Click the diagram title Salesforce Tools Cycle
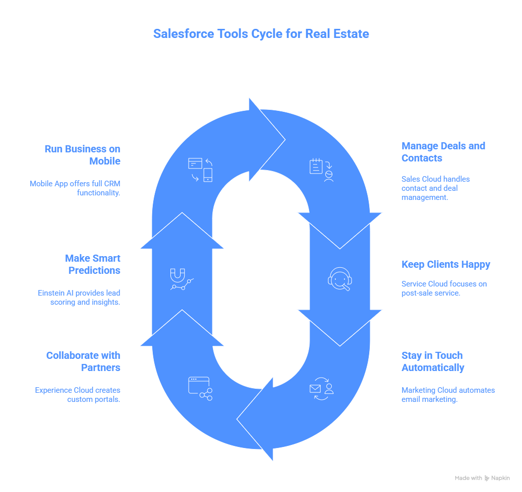pos(261,34)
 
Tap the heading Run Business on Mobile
pos(82,155)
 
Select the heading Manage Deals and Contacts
pos(443,152)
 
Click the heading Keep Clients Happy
pos(446,264)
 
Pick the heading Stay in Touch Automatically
pos(432,361)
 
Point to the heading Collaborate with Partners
pos(83,361)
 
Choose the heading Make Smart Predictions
pos(93,264)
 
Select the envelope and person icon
pos(322,388)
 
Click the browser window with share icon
pos(200,388)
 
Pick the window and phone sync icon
pos(200,170)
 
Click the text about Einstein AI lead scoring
pos(79,298)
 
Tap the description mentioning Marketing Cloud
pos(448,395)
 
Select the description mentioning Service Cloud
pos(444,289)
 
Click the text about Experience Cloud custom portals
pos(77,395)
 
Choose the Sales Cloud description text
pos(436,188)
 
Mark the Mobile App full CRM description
pos(75,188)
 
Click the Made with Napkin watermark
pos(482,478)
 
